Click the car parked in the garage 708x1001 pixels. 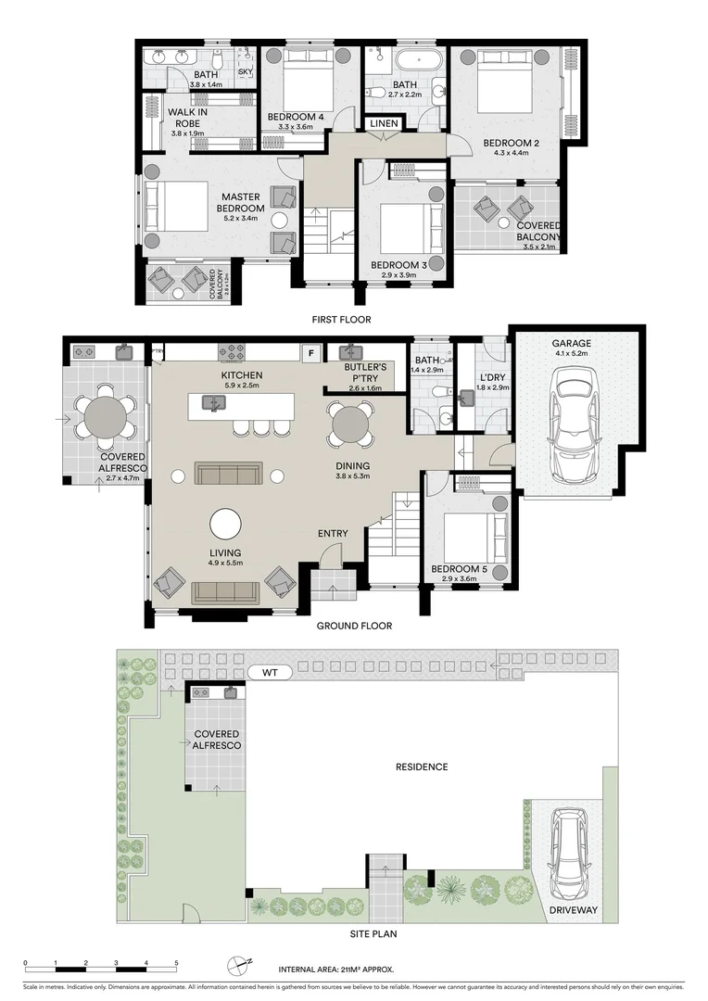576,420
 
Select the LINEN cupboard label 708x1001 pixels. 385,124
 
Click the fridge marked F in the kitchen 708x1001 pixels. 311,352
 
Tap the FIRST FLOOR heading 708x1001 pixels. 343,320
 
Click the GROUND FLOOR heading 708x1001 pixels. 354,626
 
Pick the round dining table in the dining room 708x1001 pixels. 351,424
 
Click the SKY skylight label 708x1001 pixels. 246,71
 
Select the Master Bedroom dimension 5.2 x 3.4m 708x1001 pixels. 241,221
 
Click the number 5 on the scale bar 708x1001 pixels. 176,963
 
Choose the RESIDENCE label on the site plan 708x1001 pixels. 422,767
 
